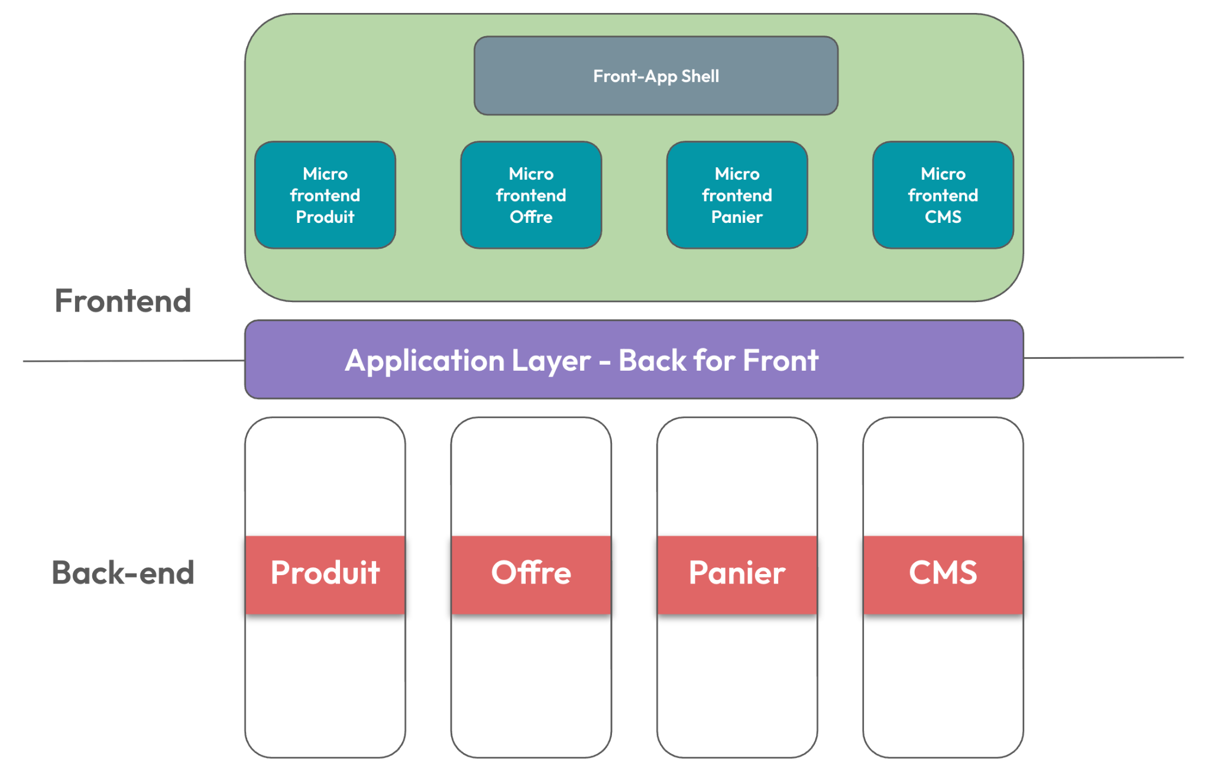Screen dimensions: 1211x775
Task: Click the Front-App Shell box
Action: [656, 76]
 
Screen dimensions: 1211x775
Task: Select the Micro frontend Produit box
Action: [325, 195]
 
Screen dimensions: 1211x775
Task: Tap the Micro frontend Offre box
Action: [531, 195]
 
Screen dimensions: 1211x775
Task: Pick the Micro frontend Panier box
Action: [737, 195]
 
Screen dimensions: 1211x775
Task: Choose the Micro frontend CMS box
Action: [943, 195]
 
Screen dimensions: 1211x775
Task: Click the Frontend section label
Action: [123, 300]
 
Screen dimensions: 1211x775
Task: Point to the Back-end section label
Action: [123, 572]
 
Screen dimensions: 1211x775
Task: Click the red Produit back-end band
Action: [325, 575]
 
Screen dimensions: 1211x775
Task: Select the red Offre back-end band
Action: [531, 575]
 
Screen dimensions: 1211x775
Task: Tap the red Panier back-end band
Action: [737, 575]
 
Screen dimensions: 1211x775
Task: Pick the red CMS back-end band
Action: [943, 575]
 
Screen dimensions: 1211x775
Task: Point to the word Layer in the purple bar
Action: [551, 362]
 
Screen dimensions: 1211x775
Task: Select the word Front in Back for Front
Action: [781, 360]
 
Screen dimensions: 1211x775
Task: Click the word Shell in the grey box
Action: [700, 76]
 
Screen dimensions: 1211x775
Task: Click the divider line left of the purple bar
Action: [134, 361]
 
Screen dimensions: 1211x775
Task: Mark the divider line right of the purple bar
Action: [1103, 358]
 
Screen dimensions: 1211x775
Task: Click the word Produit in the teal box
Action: [325, 217]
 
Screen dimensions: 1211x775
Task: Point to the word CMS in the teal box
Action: [943, 217]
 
